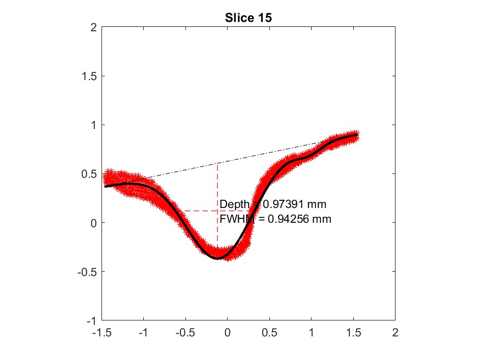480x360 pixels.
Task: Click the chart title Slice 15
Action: coord(249,18)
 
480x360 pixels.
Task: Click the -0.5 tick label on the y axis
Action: coord(86,272)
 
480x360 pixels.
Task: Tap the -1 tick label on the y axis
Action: coord(90,320)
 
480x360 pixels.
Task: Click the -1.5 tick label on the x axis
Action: coord(101,333)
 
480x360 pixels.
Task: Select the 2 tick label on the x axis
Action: coord(395,333)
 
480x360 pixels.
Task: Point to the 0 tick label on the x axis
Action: coord(227,333)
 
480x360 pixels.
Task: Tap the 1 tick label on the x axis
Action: coord(311,333)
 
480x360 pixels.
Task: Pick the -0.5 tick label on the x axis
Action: coord(185,333)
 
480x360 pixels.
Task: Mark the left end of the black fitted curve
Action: coord(106,187)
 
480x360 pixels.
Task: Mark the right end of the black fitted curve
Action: coord(358,134)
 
